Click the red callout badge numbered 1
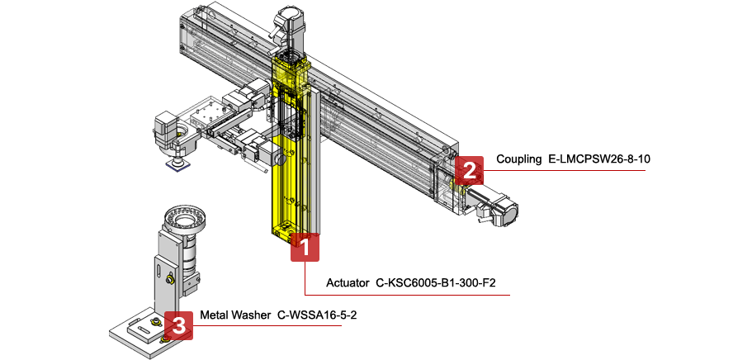[305, 247]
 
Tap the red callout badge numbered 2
[469, 171]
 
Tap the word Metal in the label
[214, 315]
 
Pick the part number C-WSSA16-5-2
[316, 315]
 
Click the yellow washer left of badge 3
[162, 337]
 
